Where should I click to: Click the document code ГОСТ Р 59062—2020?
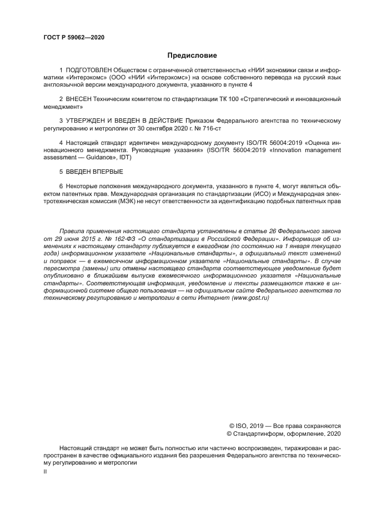tap(74, 38)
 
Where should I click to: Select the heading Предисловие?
tap(192, 56)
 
